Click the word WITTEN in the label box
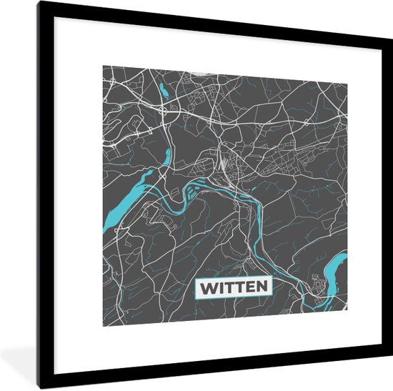coord(234,287)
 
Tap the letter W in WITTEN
coord(209,287)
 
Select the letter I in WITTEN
coord(221,287)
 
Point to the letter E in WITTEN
coord(250,287)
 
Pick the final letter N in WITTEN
coord(262,287)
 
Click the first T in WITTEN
coord(229,287)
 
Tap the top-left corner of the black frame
coord(41,4)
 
